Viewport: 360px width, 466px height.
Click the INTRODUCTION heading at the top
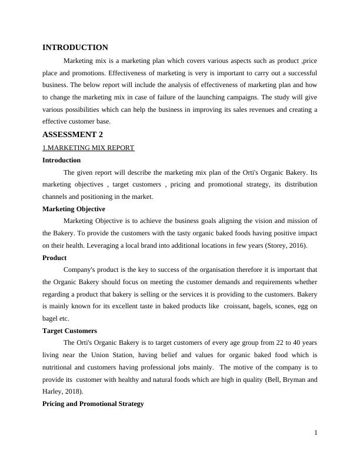click(x=75, y=48)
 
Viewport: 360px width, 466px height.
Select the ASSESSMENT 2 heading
click(x=73, y=135)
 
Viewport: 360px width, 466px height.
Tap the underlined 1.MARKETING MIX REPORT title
click(x=88, y=148)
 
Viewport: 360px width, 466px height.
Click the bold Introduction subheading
click(x=62, y=160)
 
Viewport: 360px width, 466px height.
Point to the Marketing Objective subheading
click(x=74, y=209)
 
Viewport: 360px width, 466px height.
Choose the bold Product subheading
click(x=55, y=258)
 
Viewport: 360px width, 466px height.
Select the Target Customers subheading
click(x=70, y=331)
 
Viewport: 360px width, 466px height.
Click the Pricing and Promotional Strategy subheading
click(x=93, y=404)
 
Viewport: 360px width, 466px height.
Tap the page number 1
click(x=316, y=433)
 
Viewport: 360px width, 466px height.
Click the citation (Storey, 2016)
click(x=282, y=245)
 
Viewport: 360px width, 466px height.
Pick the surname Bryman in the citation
click(x=291, y=380)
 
